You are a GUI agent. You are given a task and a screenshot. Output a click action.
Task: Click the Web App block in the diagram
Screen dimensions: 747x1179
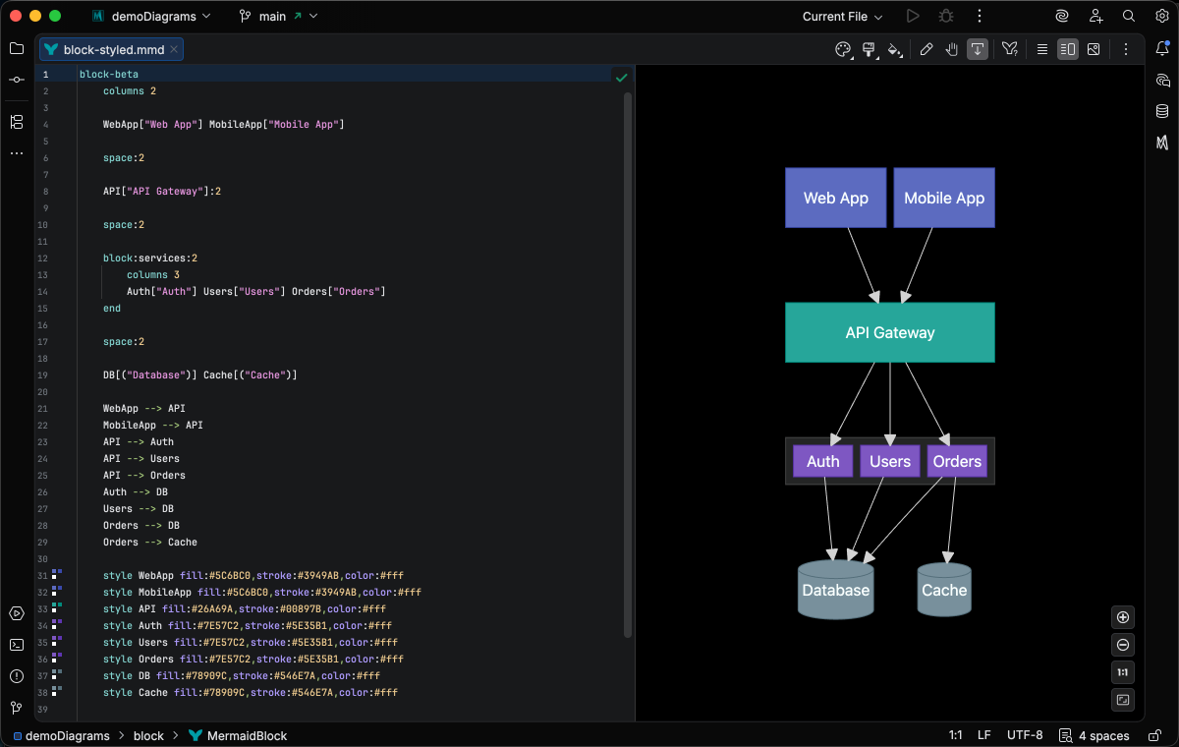[835, 198]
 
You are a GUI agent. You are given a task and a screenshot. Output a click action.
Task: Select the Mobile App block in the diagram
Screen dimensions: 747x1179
[943, 198]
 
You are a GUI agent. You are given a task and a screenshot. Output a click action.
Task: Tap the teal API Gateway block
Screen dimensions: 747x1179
[889, 332]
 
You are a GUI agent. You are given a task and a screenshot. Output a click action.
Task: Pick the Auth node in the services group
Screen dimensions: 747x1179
[822, 461]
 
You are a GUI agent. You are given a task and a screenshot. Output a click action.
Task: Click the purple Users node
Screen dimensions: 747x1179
[889, 461]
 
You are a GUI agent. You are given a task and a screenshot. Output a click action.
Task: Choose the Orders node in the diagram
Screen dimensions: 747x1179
[956, 461]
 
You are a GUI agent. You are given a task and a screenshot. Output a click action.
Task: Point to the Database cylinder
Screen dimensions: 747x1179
[835, 590]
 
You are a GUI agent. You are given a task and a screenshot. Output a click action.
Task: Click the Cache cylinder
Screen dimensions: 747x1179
[943, 590]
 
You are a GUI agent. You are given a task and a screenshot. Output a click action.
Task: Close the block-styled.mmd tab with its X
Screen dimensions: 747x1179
[174, 49]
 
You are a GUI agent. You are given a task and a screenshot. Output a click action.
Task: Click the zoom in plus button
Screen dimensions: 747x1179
[1124, 617]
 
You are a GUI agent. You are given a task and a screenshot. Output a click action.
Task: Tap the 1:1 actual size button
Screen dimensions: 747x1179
[1124, 672]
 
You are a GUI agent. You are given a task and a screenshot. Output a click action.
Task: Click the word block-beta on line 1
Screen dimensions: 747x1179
[108, 75]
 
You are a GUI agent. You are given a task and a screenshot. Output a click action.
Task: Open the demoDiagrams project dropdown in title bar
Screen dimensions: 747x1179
[160, 17]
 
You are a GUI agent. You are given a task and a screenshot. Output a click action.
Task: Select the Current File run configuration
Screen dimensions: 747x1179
[842, 17]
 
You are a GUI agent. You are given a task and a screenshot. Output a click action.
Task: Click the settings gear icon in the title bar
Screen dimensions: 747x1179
[1160, 17]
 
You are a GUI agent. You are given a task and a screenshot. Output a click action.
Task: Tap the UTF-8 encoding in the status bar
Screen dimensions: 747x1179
[1024, 735]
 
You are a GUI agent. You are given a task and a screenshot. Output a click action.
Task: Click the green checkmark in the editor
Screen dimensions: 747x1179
[621, 77]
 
